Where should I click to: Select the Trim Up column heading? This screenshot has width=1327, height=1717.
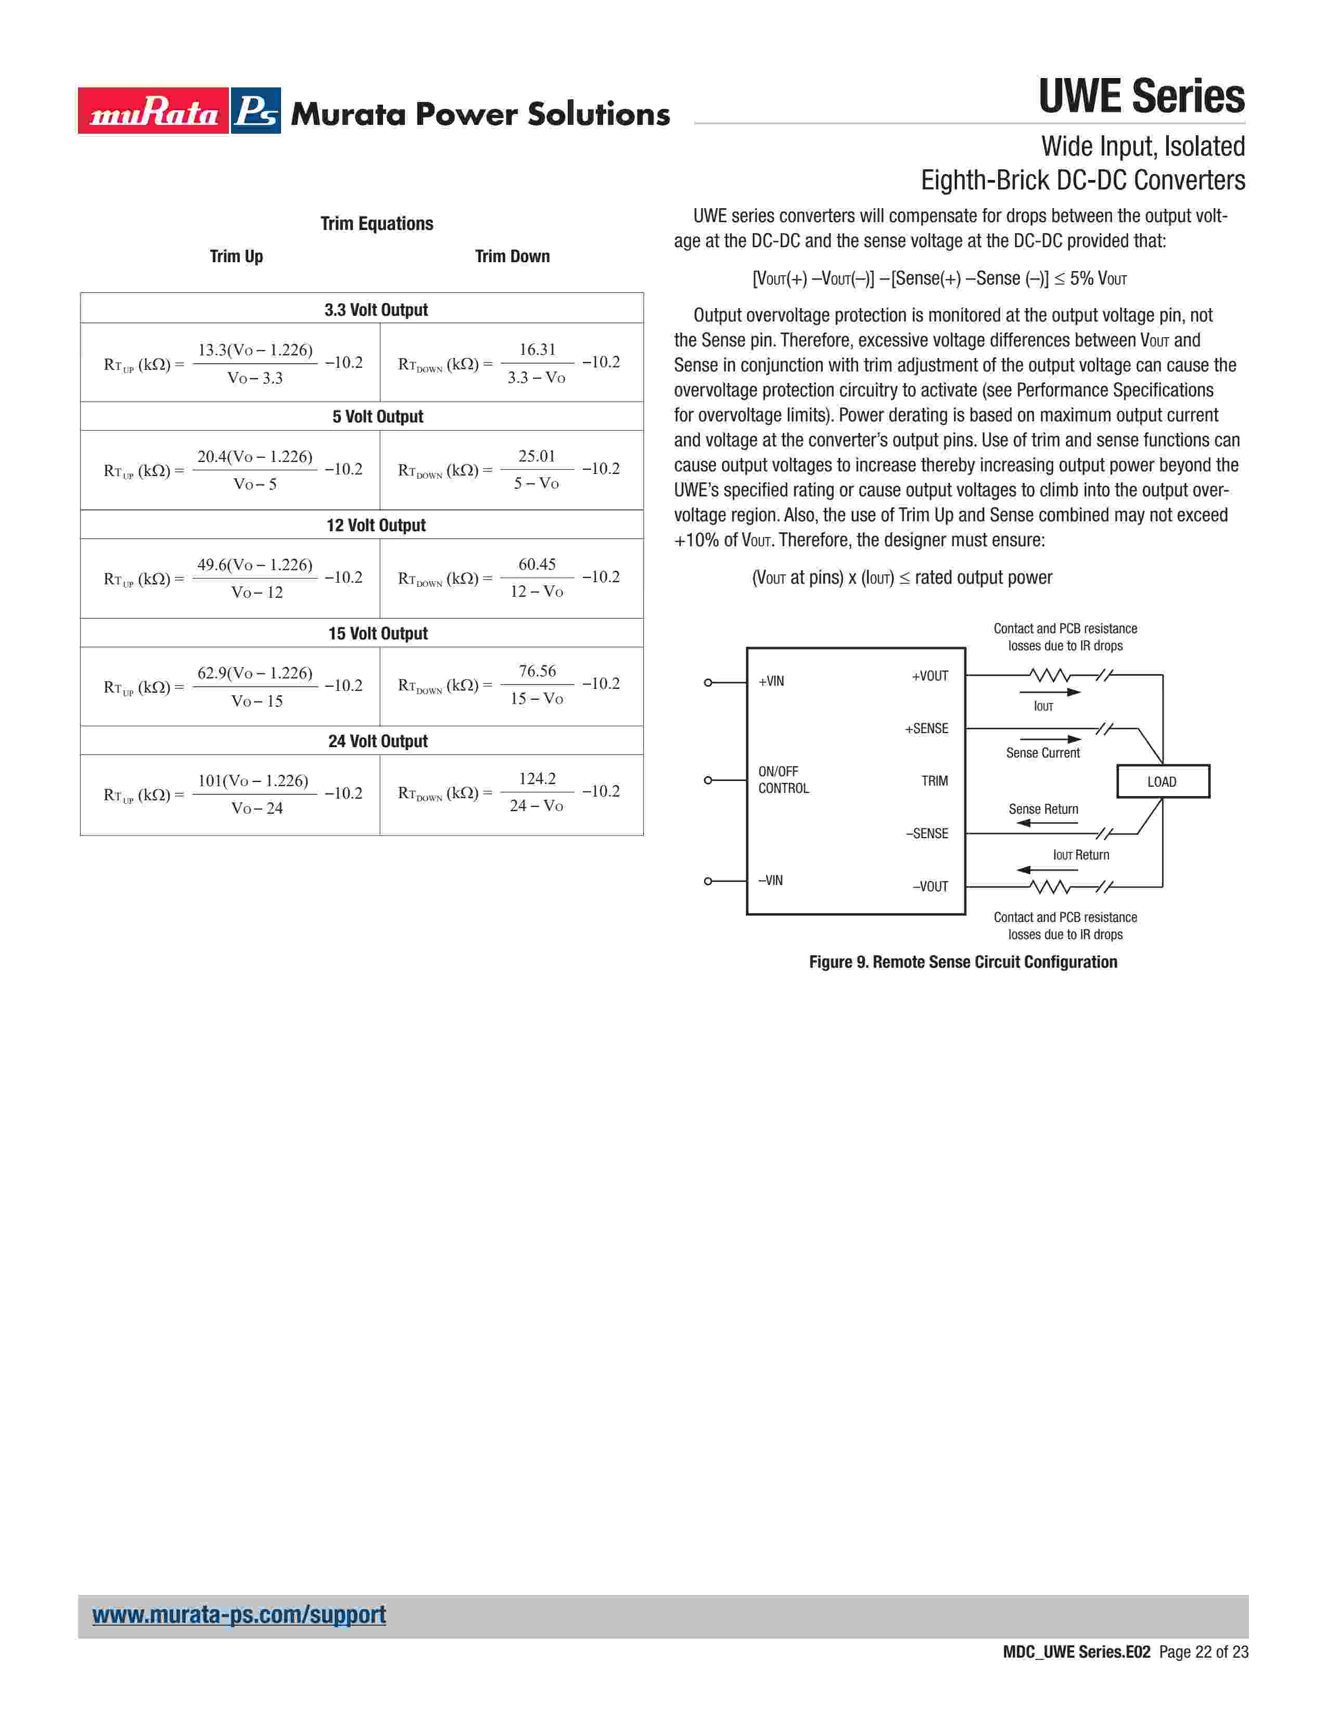pos(236,257)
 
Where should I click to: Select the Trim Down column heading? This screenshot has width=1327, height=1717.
pos(512,257)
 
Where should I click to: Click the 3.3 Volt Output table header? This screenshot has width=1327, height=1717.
pos(376,310)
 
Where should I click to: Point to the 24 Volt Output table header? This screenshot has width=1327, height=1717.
pos(377,741)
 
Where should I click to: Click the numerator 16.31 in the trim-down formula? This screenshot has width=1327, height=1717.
pos(537,349)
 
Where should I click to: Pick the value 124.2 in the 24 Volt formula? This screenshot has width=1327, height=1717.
pos(537,778)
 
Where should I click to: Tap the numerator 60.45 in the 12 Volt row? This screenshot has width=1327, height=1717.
pos(537,563)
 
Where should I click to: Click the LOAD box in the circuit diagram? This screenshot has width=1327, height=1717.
pos(1162,781)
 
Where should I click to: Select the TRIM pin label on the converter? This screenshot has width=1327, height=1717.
pos(935,780)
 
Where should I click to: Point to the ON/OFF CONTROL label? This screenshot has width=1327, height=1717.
pos(783,780)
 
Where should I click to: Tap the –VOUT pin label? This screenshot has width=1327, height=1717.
pos(930,887)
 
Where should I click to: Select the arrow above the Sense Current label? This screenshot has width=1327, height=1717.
pos(1050,739)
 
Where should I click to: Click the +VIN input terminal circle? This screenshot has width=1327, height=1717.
pos(708,683)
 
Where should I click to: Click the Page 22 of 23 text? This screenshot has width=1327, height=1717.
pos(1203,1652)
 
